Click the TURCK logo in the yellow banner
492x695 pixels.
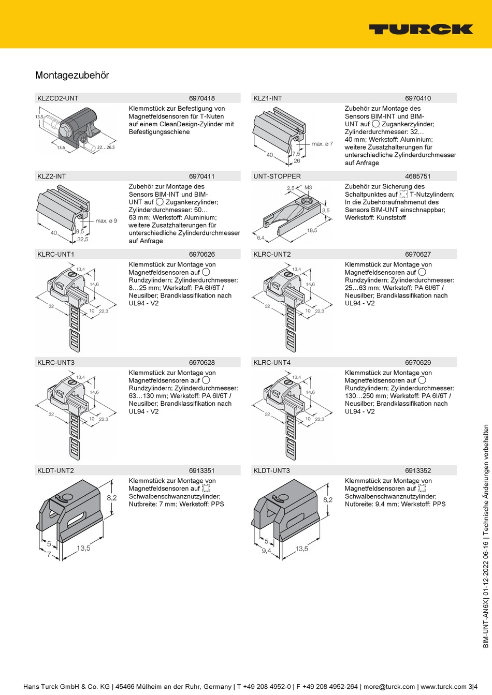point(421,29)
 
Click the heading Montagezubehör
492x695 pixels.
point(72,75)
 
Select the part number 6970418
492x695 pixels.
point(201,98)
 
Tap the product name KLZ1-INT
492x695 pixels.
point(267,98)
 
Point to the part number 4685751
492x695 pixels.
point(417,176)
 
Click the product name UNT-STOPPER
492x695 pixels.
point(277,176)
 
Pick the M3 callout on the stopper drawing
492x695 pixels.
point(308,188)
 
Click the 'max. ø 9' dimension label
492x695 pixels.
point(106,221)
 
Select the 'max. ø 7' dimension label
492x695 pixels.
point(322,144)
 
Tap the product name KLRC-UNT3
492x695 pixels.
point(55,363)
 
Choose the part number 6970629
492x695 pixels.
point(417,363)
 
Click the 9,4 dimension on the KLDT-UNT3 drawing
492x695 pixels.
point(266,551)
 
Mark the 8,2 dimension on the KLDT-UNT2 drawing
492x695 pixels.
point(112,498)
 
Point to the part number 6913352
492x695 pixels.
point(417,471)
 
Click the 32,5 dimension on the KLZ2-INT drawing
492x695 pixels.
point(82,239)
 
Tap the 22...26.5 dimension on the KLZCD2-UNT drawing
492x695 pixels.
point(106,147)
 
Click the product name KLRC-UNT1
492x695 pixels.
point(55,255)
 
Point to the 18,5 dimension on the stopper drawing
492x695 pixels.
point(312,230)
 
